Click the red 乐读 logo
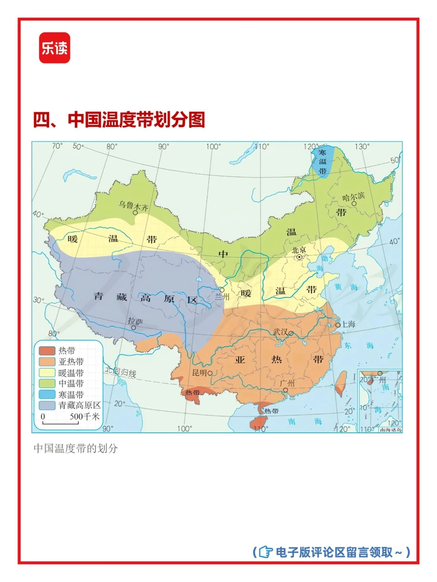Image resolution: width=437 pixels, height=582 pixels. [55, 48]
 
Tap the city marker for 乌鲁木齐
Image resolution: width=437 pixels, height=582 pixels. [135, 213]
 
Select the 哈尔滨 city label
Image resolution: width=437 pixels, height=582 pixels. [353, 197]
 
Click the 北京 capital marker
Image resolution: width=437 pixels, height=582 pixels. [299, 257]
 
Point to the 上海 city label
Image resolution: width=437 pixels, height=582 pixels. [348, 324]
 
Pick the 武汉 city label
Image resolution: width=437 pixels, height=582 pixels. [281, 332]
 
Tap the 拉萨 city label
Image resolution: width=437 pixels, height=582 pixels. [135, 321]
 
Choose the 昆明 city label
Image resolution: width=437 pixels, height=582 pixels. [199, 373]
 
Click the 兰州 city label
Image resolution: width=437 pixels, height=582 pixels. [222, 297]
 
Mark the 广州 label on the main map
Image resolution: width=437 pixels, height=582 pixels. [287, 383]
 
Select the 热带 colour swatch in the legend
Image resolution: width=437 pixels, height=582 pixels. [47, 351]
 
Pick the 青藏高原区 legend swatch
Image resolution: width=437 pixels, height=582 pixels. [47, 405]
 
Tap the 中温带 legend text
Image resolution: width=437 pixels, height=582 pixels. [71, 383]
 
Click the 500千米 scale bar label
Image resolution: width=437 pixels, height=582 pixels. [84, 417]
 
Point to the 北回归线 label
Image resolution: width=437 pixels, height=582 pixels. [120, 372]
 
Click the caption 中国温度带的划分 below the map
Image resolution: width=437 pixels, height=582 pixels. [76, 448]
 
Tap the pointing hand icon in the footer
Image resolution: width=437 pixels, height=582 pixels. [265, 552]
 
